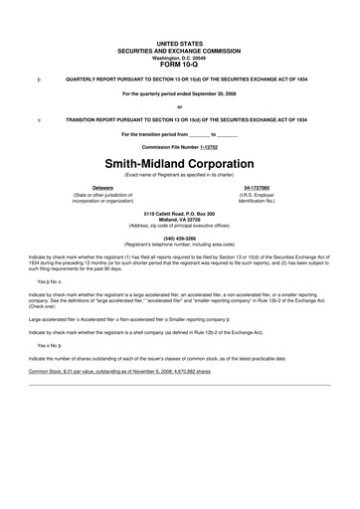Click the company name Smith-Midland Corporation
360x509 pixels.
tap(180, 161)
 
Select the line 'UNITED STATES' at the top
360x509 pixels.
tap(179, 45)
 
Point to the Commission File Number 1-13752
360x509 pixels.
tap(179, 144)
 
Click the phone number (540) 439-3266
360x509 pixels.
tap(179, 238)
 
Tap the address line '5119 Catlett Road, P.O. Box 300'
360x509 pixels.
tap(179, 214)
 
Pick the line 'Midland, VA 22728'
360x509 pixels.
tap(179, 220)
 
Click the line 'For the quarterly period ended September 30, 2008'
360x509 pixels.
tap(179, 92)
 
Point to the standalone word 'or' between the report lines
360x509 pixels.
tap(179, 106)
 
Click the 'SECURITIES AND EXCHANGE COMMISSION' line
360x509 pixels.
tap(179, 51)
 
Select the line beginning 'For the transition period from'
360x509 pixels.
tap(179, 132)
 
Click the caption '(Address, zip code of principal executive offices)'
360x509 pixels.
tap(179, 226)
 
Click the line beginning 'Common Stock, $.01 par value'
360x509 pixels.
tap(119, 370)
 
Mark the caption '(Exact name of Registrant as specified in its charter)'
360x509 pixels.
tap(179, 173)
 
